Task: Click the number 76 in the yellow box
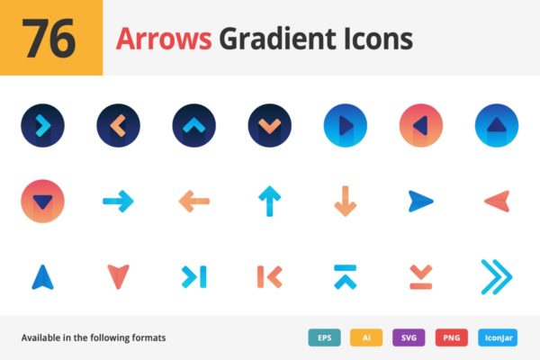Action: coord(50,39)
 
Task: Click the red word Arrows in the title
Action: coord(163,39)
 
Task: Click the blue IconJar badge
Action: coord(496,337)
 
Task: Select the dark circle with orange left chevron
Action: coord(118,126)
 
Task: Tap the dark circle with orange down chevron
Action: coord(269,126)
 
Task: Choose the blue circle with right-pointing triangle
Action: coord(346,126)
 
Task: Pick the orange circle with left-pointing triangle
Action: coord(420,126)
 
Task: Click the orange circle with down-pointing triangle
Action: coord(42,201)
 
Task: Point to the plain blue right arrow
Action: coord(118,201)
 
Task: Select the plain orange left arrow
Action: coord(193,201)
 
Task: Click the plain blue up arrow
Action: coord(269,201)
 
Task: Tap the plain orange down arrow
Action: coord(346,201)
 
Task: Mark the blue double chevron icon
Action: coord(496,276)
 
